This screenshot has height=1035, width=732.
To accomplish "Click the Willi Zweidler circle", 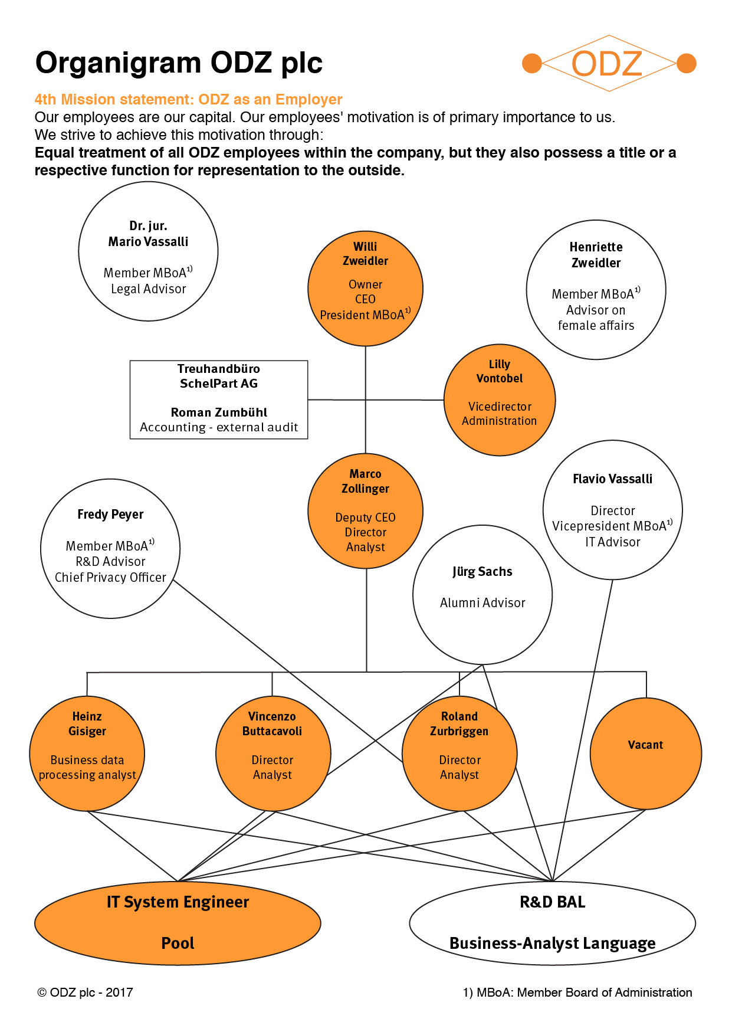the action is tap(365, 288).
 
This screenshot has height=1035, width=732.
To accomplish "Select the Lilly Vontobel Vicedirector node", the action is tap(500, 399).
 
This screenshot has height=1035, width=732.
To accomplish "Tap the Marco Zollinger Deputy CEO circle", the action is tap(366, 511).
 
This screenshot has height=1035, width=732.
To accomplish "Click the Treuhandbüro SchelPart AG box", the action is tap(219, 399).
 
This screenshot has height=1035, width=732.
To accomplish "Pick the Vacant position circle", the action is tap(646, 754).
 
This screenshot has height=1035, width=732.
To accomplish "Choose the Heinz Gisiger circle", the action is tap(87, 754).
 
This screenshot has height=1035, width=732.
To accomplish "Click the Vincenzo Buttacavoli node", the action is tap(273, 754).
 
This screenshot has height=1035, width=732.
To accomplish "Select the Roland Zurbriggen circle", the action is tap(459, 754).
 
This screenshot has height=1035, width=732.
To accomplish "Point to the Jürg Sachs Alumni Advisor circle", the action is tap(482, 595).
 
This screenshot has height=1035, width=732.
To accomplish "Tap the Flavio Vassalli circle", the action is tap(613, 510).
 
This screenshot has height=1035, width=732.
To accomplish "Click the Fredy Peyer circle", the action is tap(110, 548).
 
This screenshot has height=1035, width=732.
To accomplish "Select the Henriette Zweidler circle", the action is tap(596, 290).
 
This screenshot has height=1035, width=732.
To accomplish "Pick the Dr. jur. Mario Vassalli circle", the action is tap(149, 251).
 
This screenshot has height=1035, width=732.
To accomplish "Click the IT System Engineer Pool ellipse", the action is tap(178, 923).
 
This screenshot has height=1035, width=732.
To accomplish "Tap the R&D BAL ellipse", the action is tap(553, 923).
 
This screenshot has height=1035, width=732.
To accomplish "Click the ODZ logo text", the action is tap(607, 64).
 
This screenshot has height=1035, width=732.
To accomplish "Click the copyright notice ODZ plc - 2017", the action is tap(86, 993).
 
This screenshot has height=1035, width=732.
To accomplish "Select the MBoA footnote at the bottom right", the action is tap(577, 993).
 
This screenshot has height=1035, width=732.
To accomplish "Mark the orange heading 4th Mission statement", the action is tap(189, 99).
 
